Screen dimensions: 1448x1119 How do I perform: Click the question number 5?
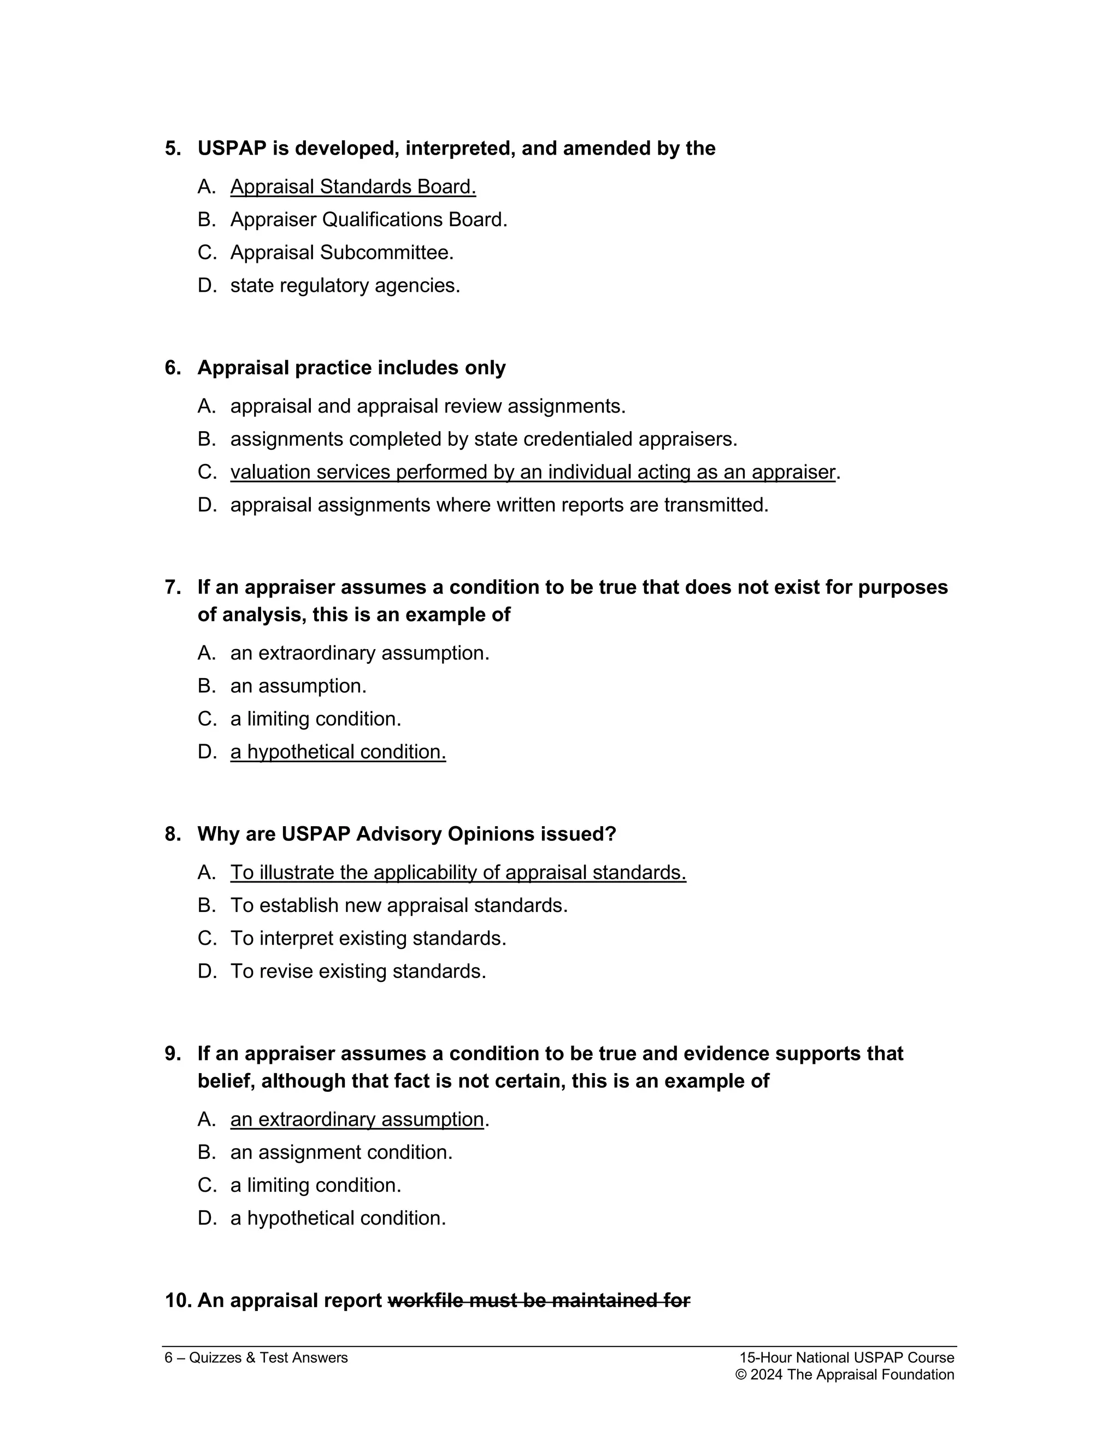tap(172, 149)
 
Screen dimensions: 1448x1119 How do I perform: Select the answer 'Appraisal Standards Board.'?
tap(352, 187)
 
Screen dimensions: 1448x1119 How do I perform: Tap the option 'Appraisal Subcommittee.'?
tap(341, 252)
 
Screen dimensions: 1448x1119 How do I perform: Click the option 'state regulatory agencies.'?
tap(345, 286)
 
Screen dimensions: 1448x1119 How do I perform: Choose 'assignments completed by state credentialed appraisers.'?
tap(483, 439)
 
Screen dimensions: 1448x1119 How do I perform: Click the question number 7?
tap(172, 587)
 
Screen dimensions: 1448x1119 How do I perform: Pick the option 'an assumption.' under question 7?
tap(298, 686)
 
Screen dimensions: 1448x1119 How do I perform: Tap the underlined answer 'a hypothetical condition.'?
tap(338, 752)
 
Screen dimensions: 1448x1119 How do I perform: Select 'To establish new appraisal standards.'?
tap(398, 905)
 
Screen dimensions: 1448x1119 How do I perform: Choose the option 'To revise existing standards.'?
tap(358, 972)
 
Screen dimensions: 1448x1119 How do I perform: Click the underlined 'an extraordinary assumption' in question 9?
tap(357, 1120)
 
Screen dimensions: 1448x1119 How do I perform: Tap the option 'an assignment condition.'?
tap(341, 1152)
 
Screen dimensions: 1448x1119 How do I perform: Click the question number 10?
tap(178, 1301)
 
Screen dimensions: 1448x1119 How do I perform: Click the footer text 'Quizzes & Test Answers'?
tap(268, 1358)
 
